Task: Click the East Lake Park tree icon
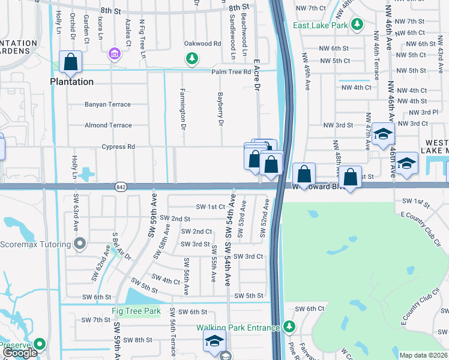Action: (x=357, y=24)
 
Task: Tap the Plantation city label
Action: (x=71, y=82)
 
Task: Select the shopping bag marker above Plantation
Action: (x=71, y=62)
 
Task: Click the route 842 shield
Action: (x=120, y=187)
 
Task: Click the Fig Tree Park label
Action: (x=136, y=311)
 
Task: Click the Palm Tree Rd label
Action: (x=231, y=72)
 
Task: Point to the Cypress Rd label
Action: (x=118, y=146)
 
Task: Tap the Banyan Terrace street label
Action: (x=107, y=104)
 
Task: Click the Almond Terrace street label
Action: (x=108, y=125)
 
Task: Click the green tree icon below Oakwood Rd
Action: (x=191, y=58)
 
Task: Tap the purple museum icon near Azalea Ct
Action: (x=113, y=55)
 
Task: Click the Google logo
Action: (x=20, y=353)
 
